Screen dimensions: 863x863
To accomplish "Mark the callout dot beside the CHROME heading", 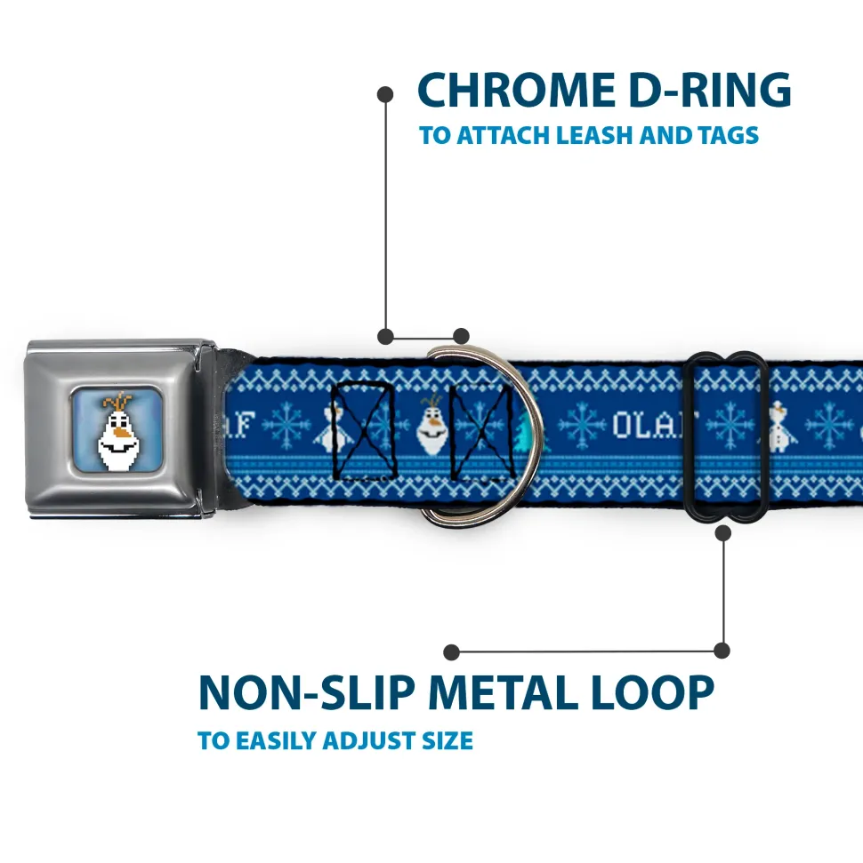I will coord(385,92).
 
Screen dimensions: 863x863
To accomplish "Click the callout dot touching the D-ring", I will coord(461,336).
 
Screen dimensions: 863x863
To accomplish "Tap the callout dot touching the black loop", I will coord(722,532).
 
